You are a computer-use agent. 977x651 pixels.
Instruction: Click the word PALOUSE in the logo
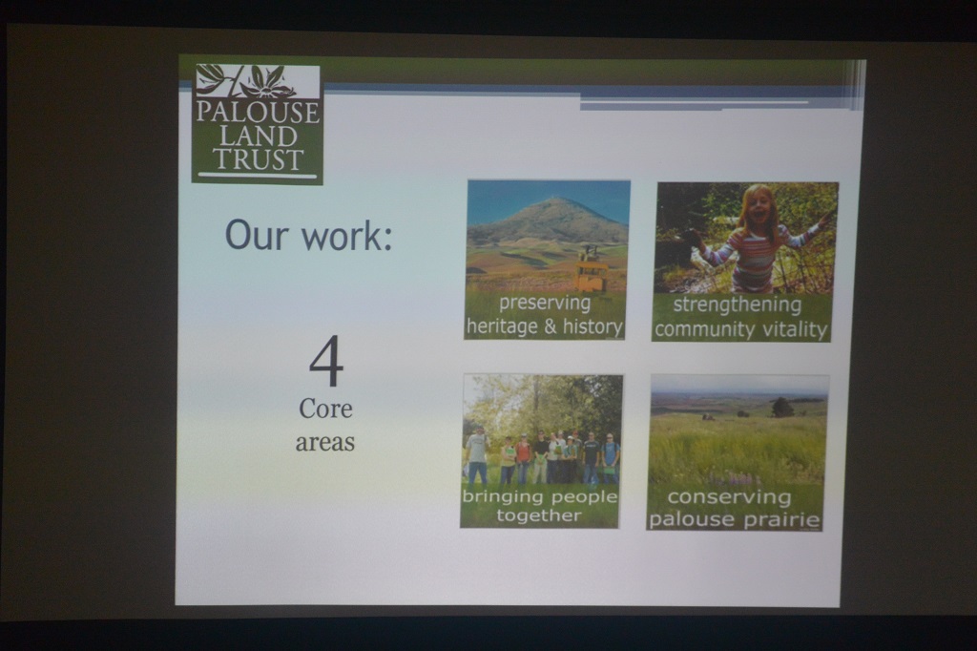tap(258, 113)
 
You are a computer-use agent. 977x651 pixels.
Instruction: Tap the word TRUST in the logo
tap(258, 159)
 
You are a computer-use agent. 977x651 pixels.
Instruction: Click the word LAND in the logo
tap(258, 136)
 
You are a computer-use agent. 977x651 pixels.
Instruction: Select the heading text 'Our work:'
tap(308, 235)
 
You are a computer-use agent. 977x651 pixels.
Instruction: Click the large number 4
tap(326, 361)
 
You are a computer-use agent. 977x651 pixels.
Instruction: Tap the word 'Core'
tap(325, 409)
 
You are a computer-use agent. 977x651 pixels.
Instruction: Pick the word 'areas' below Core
tap(324, 442)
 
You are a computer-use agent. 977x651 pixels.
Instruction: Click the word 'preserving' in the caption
tap(545, 304)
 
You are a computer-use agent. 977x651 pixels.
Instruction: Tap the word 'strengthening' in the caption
tap(738, 305)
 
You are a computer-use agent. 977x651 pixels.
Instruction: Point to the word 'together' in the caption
tap(539, 515)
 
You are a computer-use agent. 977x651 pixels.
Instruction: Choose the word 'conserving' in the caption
tap(729, 497)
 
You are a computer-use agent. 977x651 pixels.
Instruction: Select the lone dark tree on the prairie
tap(781, 408)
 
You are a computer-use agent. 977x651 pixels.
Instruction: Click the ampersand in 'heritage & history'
tap(551, 326)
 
